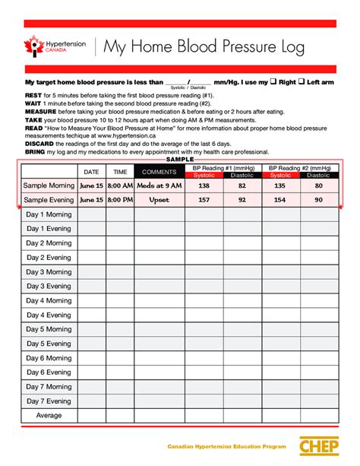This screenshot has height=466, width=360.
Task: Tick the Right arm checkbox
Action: (x=274, y=81)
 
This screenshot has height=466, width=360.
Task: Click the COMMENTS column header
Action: (x=159, y=172)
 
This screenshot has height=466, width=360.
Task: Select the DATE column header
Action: (x=91, y=172)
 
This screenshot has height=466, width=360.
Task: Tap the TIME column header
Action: (x=120, y=172)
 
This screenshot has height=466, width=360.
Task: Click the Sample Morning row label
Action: (x=49, y=185)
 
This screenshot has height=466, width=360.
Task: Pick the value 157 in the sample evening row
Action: (x=204, y=200)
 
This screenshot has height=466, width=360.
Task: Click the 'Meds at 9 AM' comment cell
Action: (x=159, y=185)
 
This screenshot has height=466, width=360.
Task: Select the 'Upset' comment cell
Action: (x=159, y=200)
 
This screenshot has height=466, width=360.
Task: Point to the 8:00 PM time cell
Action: (x=120, y=200)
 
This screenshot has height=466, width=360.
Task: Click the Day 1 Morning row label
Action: (x=49, y=214)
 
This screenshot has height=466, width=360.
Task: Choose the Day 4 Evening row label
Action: (x=49, y=315)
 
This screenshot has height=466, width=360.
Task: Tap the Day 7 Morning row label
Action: (x=49, y=387)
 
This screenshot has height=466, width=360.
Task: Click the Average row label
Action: (x=49, y=416)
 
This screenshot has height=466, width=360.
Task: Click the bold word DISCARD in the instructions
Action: (x=39, y=144)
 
